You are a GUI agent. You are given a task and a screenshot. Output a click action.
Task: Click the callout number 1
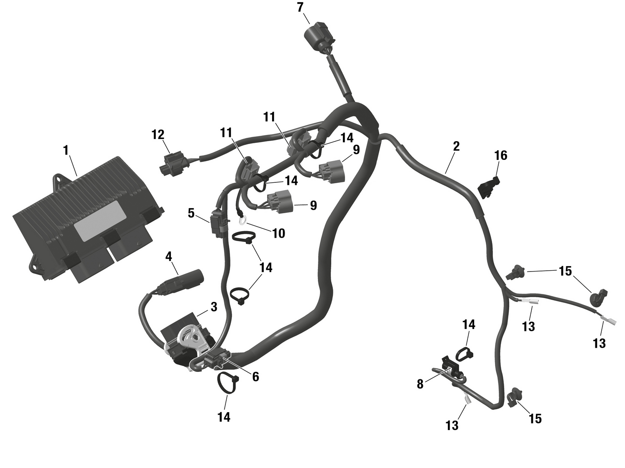tap(65, 150)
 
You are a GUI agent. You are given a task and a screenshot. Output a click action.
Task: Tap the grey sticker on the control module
tap(100, 220)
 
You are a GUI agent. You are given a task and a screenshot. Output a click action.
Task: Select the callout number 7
tap(300, 7)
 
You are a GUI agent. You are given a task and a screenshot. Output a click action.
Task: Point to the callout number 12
tap(158, 134)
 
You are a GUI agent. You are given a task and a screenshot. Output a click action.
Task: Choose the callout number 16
tap(500, 155)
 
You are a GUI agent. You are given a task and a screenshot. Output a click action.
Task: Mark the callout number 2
tap(456, 146)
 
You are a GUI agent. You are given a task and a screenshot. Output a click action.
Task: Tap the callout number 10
tap(278, 233)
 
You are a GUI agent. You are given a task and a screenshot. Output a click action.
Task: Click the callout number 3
tap(214, 307)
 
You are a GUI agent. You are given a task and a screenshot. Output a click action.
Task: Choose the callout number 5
tap(191, 213)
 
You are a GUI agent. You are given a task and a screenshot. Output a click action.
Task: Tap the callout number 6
tap(255, 376)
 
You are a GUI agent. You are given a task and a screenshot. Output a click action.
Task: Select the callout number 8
tap(420, 384)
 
